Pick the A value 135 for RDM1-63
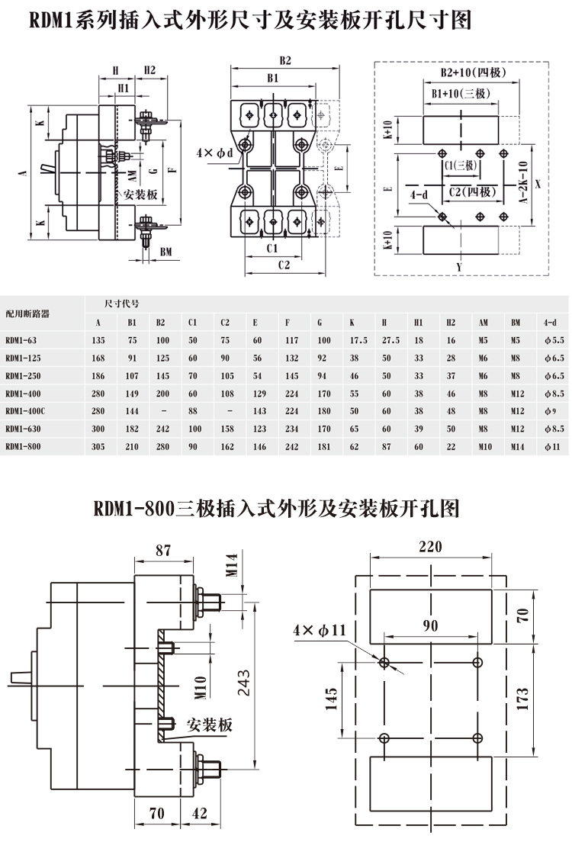point(98,339)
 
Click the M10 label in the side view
point(199,686)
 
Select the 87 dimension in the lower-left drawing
point(163,549)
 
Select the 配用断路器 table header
point(27,313)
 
